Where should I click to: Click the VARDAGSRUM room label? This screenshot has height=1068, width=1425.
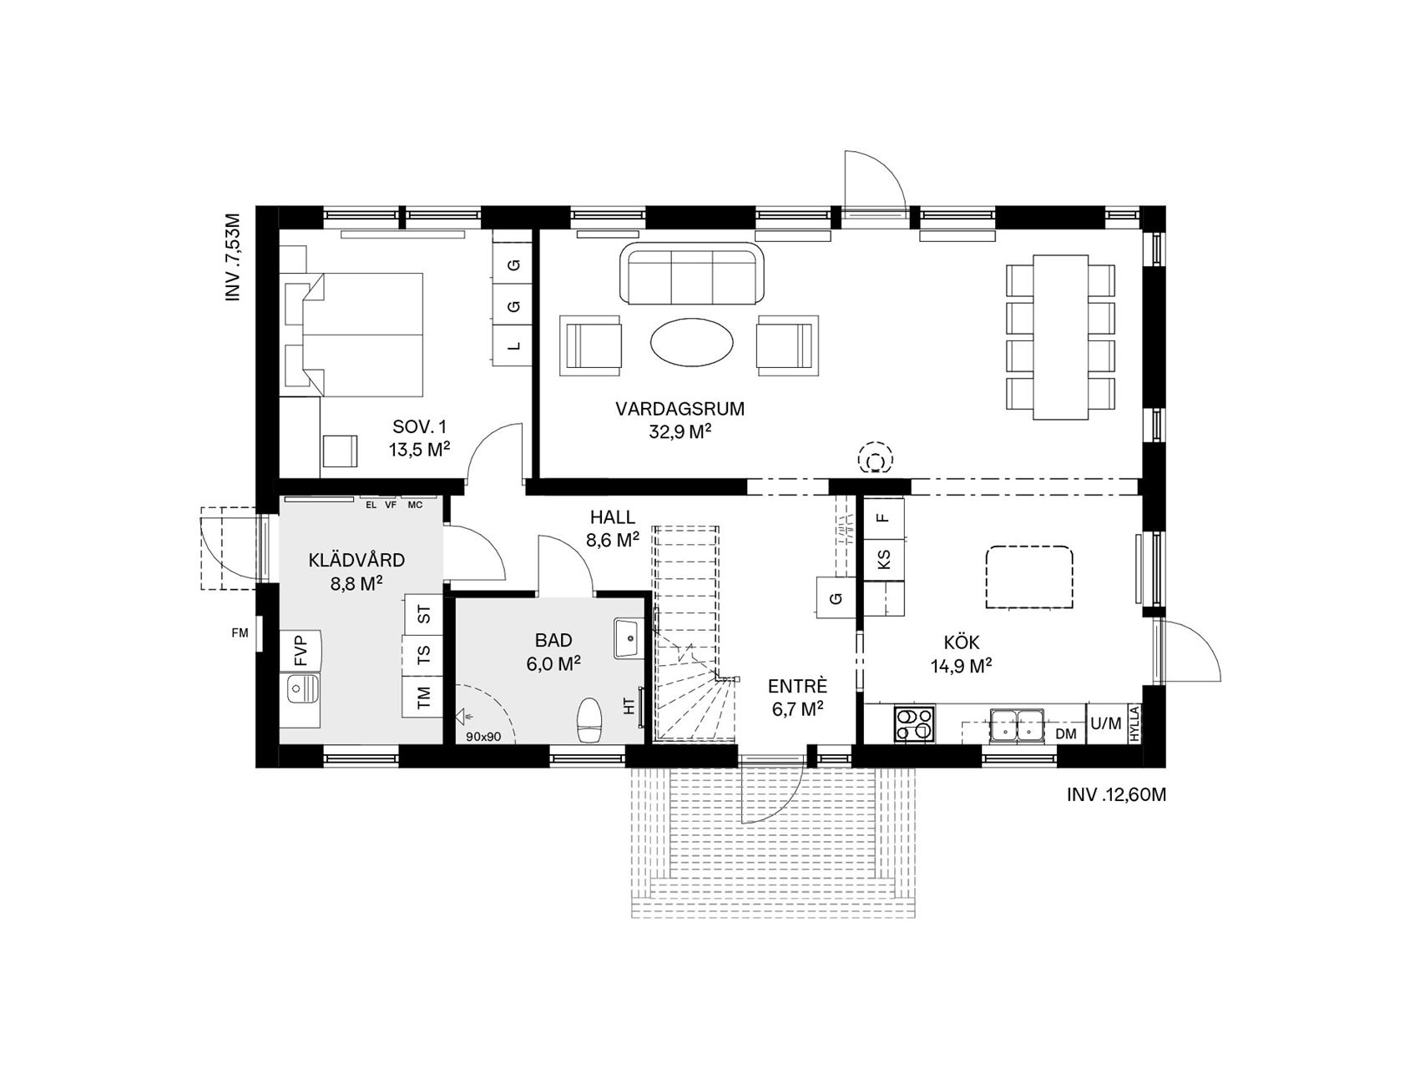[x=680, y=410]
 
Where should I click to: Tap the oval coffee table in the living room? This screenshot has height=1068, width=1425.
[x=693, y=341]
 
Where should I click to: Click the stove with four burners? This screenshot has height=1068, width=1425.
[x=914, y=723]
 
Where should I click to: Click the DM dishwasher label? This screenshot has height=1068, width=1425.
[x=1066, y=734]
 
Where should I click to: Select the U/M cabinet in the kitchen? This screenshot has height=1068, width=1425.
[x=1106, y=723]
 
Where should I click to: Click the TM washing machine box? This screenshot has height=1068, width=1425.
[x=423, y=695]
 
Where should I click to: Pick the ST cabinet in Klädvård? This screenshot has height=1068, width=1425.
[x=423, y=616]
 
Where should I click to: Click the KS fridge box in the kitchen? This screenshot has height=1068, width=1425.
[x=883, y=559]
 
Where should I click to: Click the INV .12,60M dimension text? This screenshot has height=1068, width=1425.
[x=1116, y=795]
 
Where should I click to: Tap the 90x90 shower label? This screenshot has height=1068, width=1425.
[x=484, y=737]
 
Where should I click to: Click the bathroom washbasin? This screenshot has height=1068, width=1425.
[x=627, y=638]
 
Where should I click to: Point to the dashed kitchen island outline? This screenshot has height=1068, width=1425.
[x=1029, y=577]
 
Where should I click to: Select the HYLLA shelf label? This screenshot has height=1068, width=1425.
[x=1134, y=723]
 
